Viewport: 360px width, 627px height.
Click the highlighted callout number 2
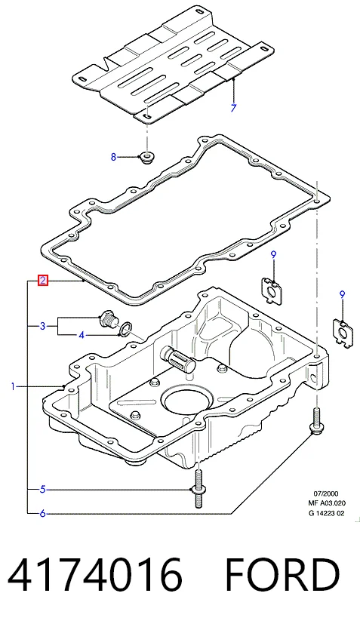pyautogui.click(x=43, y=281)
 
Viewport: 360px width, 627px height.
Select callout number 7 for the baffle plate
pyautogui.click(x=234, y=108)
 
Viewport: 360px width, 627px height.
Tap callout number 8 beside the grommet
pyautogui.click(x=113, y=157)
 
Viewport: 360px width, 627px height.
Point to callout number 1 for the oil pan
pyautogui.click(x=13, y=386)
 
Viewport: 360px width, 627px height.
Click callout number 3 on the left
pyautogui.click(x=43, y=326)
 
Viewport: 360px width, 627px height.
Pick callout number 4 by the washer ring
pyautogui.click(x=82, y=335)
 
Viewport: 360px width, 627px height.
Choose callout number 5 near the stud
pyautogui.click(x=43, y=489)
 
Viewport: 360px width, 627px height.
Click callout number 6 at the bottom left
pyautogui.click(x=43, y=513)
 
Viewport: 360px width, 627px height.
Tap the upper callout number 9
pyautogui.click(x=274, y=254)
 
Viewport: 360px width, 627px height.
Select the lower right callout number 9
pyautogui.click(x=342, y=295)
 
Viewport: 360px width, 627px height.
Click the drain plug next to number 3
pyautogui.click(x=109, y=318)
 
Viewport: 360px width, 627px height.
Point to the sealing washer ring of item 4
pyautogui.click(x=126, y=329)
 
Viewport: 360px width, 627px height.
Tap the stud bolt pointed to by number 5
pyautogui.click(x=198, y=489)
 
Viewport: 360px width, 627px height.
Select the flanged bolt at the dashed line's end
pyautogui.click(x=316, y=422)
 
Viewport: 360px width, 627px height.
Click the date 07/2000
pyautogui.click(x=325, y=494)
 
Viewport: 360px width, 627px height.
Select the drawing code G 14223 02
pyautogui.click(x=326, y=513)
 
